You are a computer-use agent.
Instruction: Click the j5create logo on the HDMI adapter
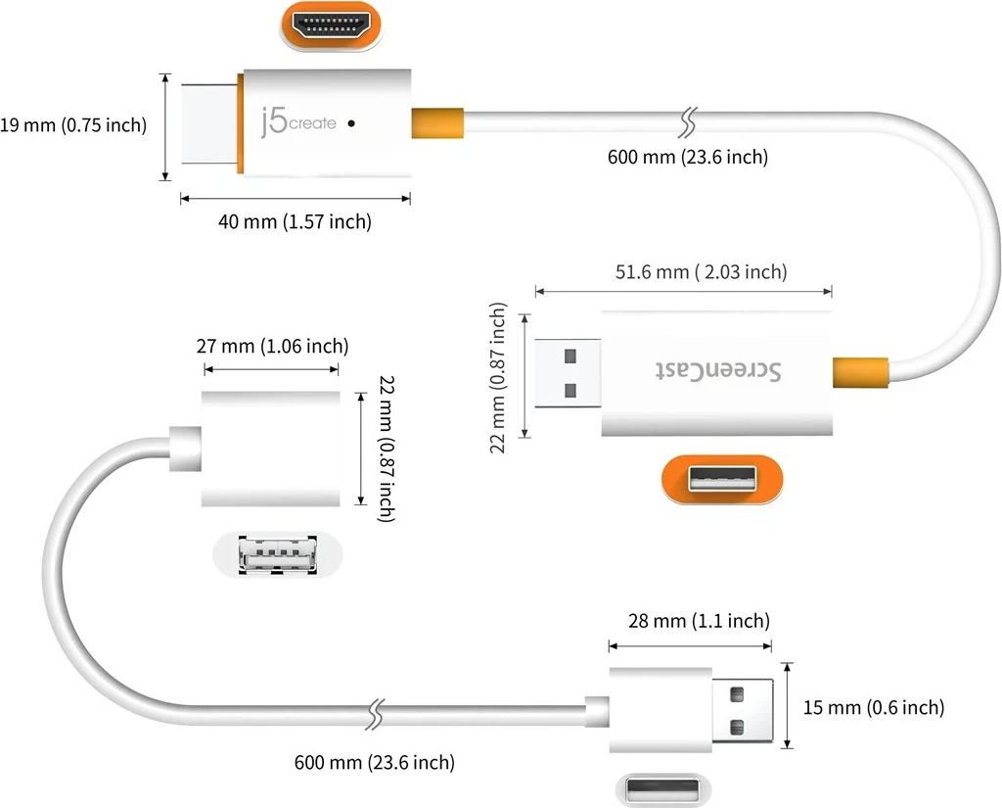click(x=298, y=122)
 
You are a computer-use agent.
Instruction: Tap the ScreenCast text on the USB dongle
click(x=719, y=371)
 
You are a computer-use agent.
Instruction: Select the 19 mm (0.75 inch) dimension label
click(x=73, y=125)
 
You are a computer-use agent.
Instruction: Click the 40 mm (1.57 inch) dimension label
click(x=295, y=222)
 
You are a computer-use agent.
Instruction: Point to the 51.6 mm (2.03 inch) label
click(x=701, y=272)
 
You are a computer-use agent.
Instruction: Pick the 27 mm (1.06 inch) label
click(x=273, y=346)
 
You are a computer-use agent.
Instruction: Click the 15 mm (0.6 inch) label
click(x=873, y=707)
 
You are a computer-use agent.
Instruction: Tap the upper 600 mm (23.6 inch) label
click(x=688, y=157)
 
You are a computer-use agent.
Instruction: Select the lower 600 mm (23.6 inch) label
click(x=374, y=762)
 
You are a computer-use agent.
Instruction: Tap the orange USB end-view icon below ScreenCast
click(x=722, y=479)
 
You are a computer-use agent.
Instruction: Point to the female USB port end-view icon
click(x=278, y=556)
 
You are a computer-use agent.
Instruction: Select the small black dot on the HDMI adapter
click(x=351, y=124)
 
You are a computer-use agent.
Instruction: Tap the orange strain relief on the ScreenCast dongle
click(x=860, y=372)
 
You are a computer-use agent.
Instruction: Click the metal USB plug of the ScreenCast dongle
click(x=568, y=373)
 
